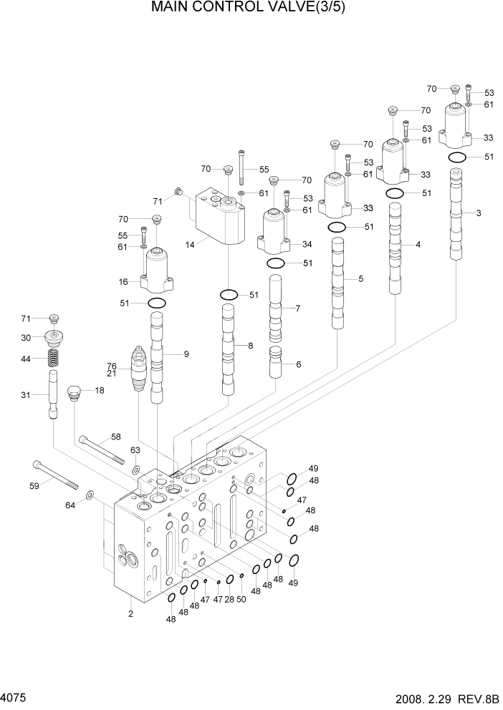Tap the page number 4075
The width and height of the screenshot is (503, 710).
point(16,696)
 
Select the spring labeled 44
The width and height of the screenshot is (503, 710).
point(53,358)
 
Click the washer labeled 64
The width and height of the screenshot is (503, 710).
point(88,495)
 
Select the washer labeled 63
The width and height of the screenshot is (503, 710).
point(135,470)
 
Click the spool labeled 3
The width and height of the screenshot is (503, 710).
point(456,215)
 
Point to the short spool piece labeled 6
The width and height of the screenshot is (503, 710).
point(276,363)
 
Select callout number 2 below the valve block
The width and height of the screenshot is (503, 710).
point(130,613)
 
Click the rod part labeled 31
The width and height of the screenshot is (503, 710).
point(53,396)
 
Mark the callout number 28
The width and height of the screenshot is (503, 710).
point(229,599)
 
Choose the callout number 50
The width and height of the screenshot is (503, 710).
point(241,599)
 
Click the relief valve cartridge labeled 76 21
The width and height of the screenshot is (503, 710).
point(139,369)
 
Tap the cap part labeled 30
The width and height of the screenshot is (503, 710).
point(53,336)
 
